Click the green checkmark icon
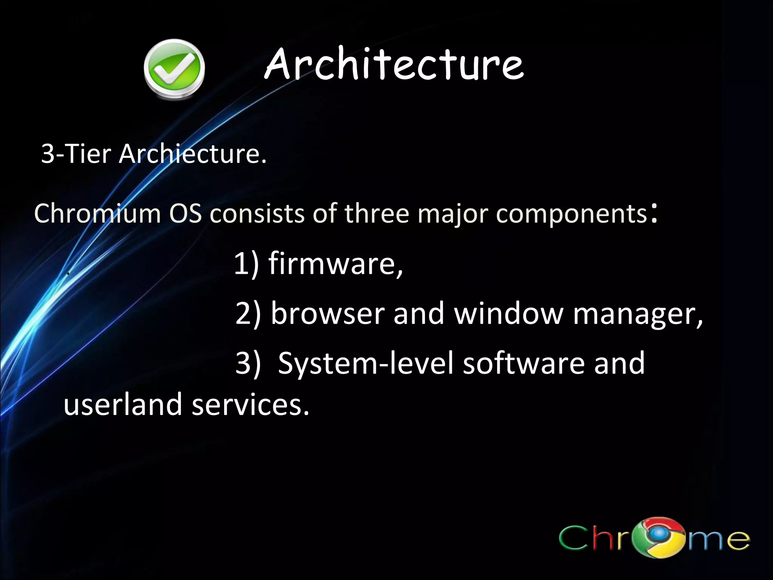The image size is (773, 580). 174,69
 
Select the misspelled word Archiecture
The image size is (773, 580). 192,154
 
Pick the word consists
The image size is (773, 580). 257,213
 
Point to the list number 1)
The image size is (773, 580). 246,264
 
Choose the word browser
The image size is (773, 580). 328,313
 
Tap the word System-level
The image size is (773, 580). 365,363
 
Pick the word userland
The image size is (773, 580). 123,404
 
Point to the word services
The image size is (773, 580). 250,404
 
